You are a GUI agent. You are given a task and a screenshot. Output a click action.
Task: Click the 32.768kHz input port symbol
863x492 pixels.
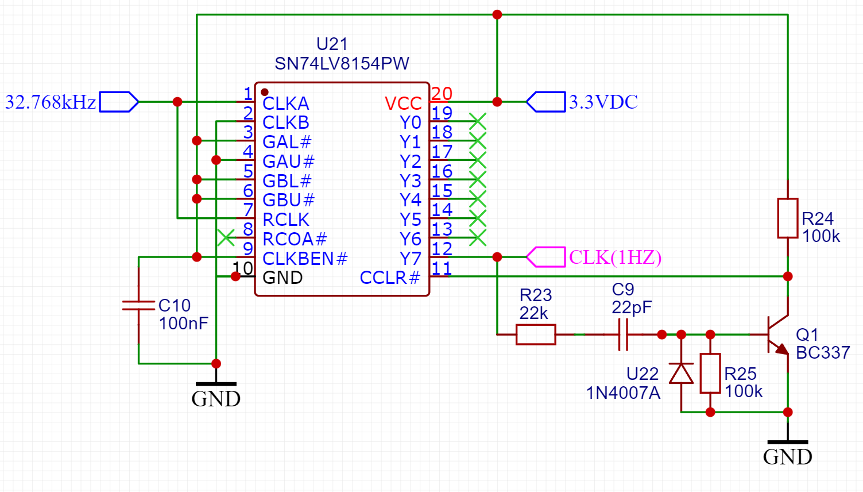(x=119, y=102)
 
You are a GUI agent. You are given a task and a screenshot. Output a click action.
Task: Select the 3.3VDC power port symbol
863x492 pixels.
(x=546, y=102)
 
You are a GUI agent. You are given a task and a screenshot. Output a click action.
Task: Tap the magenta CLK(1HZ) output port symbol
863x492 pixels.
(x=546, y=257)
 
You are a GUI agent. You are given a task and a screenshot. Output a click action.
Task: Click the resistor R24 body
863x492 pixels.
(x=787, y=218)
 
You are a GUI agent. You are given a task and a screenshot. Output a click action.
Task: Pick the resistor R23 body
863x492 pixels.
(x=536, y=335)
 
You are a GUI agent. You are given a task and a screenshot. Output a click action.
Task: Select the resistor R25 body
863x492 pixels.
(x=710, y=373)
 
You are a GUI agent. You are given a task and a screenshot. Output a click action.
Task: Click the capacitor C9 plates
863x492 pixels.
(x=623, y=335)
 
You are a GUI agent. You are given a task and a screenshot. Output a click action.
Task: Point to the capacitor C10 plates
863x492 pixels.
(x=139, y=305)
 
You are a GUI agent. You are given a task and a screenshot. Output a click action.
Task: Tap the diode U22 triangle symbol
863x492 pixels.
(x=681, y=373)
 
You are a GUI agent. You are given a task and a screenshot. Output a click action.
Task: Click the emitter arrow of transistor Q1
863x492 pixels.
(x=782, y=349)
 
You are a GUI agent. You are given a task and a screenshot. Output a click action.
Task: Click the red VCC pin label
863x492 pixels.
(x=404, y=103)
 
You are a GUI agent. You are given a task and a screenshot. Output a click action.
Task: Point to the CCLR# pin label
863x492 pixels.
(x=390, y=278)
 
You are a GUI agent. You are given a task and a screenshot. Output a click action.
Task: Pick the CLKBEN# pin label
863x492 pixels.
(x=305, y=258)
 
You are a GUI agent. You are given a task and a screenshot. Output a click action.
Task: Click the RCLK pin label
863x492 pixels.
(x=286, y=220)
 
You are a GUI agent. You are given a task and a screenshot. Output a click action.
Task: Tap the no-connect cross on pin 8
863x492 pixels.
(x=226, y=237)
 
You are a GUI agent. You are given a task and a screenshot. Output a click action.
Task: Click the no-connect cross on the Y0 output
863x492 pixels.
(x=478, y=121)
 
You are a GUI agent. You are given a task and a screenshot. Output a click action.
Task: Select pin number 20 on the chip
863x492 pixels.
(x=442, y=94)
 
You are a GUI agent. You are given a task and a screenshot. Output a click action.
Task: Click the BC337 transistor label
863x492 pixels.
(x=823, y=352)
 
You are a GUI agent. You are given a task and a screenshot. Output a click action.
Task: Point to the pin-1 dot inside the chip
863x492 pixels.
(x=265, y=92)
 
